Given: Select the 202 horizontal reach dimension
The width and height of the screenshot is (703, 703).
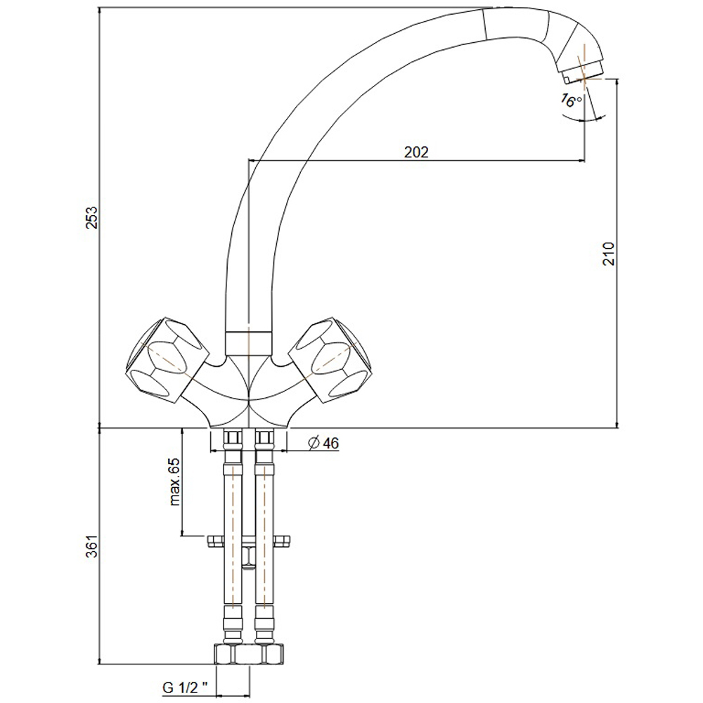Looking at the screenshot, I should [x=416, y=152].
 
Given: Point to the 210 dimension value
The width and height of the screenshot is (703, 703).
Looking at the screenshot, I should [x=609, y=253].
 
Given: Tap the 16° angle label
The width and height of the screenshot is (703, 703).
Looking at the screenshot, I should [x=572, y=101].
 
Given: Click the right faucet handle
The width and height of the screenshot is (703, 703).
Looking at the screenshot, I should [x=330, y=359].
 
